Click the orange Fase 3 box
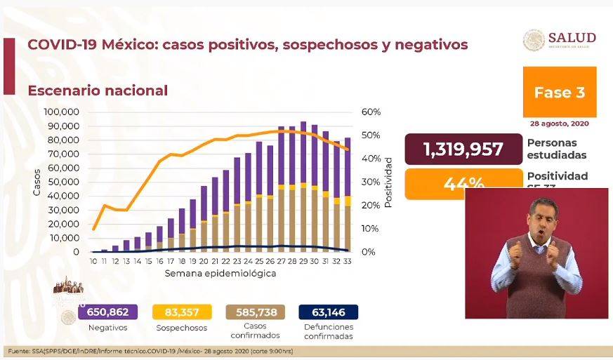[x=559, y=92]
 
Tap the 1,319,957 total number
[x=463, y=149]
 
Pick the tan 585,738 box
[x=251, y=312]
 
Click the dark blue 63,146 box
[x=328, y=312]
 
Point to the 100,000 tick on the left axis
[x=61, y=112]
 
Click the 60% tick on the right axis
[x=371, y=112]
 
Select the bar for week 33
[x=348, y=196]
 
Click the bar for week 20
[x=203, y=219]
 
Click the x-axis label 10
[x=93, y=261]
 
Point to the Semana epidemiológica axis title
[x=220, y=273]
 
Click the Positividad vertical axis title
[x=388, y=181]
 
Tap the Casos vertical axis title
[x=37, y=181]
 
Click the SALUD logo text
[x=572, y=37]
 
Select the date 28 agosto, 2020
[x=560, y=124]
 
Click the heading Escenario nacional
[x=97, y=91]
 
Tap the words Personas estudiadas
[x=557, y=148]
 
